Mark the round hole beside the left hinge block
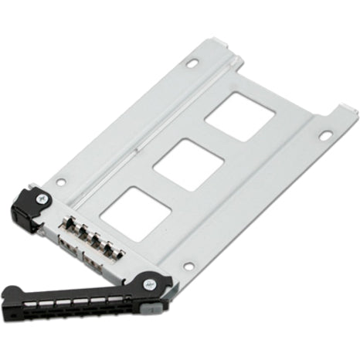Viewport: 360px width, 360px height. (61, 182)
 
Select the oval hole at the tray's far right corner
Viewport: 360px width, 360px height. (325, 136)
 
